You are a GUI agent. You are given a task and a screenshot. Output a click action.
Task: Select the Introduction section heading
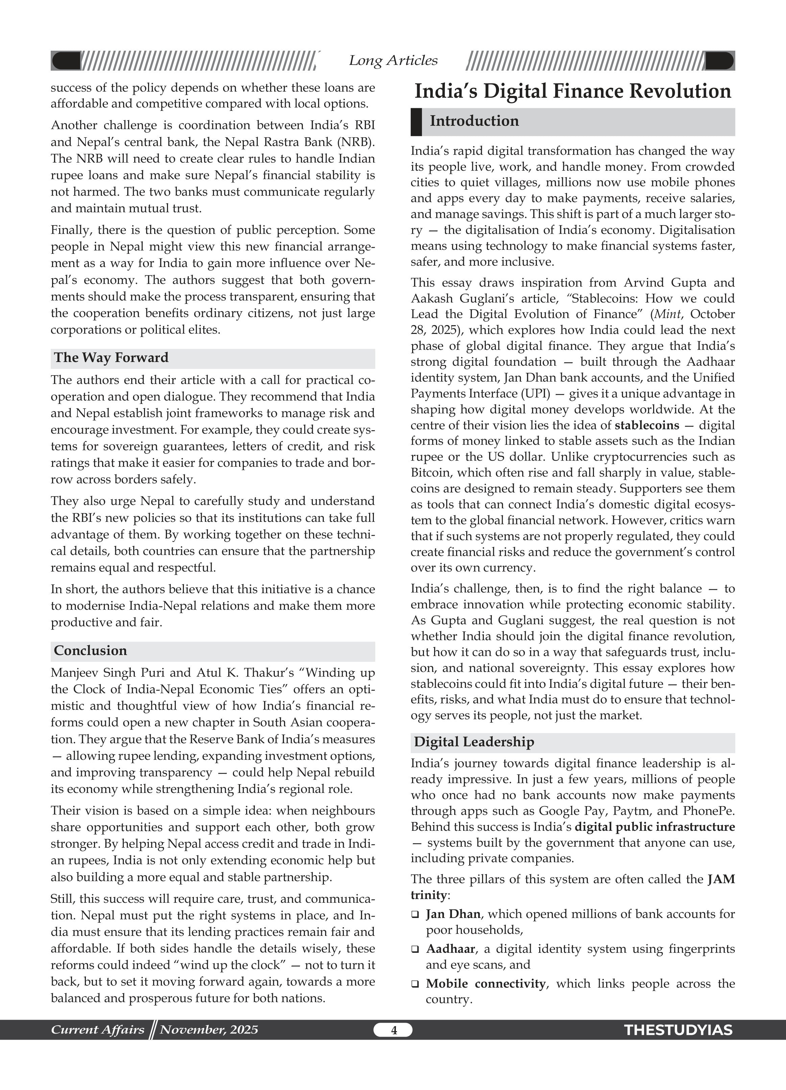(474, 121)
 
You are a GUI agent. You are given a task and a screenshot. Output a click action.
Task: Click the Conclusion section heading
(90, 651)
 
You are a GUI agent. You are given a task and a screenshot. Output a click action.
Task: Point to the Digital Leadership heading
(474, 742)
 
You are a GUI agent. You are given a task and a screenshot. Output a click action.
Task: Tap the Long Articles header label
(393, 60)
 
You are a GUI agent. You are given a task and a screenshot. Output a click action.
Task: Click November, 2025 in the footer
(209, 1030)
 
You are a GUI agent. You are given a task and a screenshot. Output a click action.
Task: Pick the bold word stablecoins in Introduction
(647, 425)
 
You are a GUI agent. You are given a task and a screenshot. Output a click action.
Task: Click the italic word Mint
(666, 314)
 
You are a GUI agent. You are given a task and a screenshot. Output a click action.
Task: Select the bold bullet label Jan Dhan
(453, 914)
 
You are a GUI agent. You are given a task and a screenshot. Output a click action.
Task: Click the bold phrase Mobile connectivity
(485, 984)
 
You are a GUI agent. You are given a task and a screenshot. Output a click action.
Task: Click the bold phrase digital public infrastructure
(655, 827)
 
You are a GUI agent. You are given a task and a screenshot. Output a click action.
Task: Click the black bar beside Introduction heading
(416, 122)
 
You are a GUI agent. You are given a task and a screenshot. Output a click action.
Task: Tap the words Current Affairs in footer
(98, 1030)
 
